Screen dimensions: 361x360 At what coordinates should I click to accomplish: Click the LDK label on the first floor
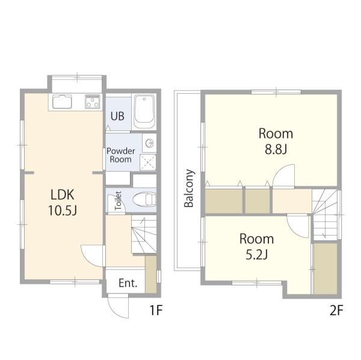point(63,195)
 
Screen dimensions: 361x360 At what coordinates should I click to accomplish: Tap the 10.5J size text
point(63,210)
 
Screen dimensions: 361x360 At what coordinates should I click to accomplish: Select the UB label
point(117,116)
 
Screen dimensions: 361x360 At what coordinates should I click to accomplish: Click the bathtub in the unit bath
point(144,112)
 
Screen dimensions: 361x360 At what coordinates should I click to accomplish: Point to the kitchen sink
point(62,102)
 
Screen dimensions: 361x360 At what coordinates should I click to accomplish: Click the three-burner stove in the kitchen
point(93,102)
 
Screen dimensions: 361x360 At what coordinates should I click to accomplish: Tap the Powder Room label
point(121,155)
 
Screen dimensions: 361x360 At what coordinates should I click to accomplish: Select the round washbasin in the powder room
point(149,144)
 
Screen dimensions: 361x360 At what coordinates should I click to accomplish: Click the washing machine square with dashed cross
point(148,162)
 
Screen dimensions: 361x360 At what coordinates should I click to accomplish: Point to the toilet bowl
point(144,200)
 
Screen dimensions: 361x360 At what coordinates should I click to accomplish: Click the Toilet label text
point(118,200)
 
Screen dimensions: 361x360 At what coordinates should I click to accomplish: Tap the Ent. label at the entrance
point(128,283)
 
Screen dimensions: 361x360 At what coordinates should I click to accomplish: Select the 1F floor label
point(156,310)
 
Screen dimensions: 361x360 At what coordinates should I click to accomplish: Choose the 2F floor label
point(336,310)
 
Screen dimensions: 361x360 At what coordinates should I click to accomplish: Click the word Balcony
point(189,188)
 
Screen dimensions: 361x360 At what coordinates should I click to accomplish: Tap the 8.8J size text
point(276,149)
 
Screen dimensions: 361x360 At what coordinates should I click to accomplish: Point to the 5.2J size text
point(256,254)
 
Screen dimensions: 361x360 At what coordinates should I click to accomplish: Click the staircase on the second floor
point(325,215)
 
